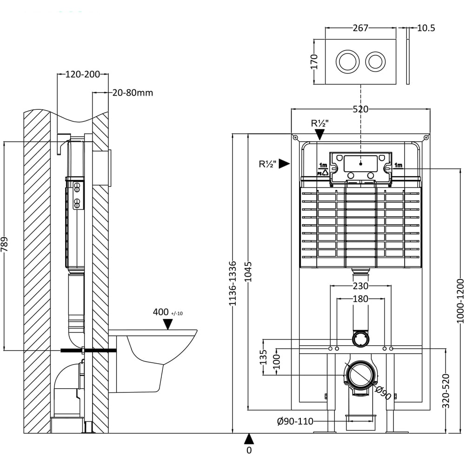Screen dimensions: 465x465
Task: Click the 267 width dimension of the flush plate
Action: [360, 28]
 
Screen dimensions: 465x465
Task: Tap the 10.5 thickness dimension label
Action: [426, 28]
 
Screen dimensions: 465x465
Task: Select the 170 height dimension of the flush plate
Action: [314, 62]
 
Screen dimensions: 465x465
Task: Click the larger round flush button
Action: [347, 61]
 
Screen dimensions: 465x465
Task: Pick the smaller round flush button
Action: [375, 61]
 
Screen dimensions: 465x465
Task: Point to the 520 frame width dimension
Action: [360, 109]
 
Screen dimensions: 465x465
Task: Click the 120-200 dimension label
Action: [82, 74]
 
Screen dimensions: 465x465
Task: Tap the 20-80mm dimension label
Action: [133, 93]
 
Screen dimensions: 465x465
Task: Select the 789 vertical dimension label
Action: [5, 245]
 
